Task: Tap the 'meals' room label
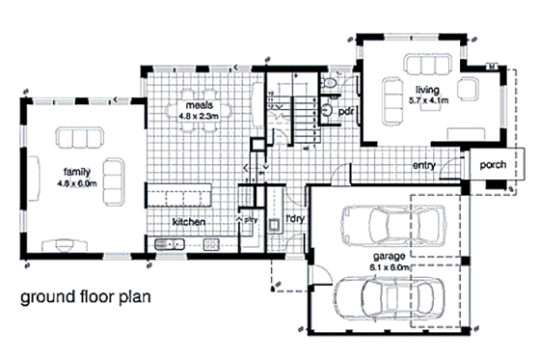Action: click(199, 105)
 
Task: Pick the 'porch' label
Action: click(495, 165)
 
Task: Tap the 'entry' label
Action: click(424, 165)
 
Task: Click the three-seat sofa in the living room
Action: click(425, 65)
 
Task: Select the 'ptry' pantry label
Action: click(249, 218)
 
